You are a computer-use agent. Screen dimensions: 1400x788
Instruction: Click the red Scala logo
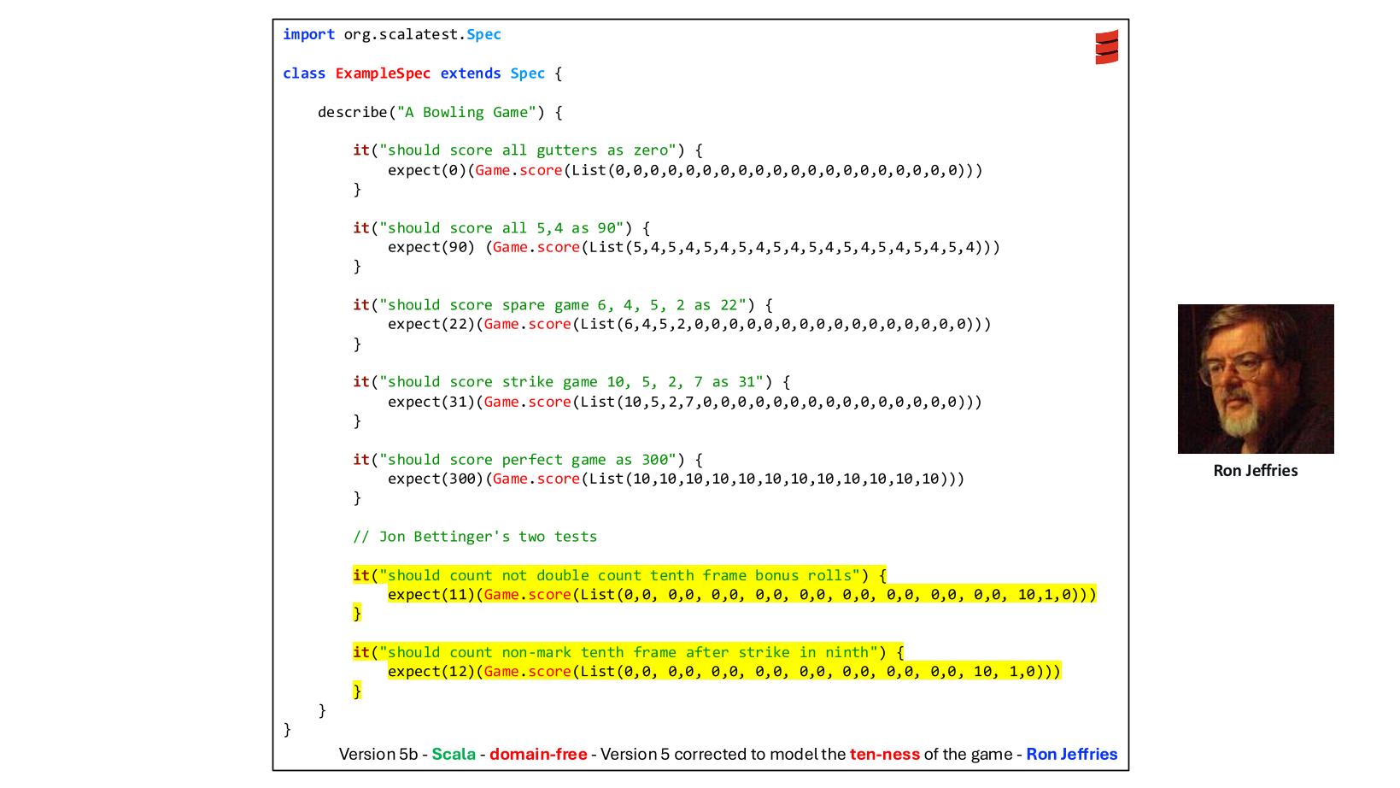pos(1106,47)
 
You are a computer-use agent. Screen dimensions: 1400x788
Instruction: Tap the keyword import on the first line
pos(308,35)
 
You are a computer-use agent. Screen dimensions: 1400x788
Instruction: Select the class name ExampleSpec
pos(383,74)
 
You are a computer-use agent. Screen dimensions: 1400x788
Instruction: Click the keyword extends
pos(471,74)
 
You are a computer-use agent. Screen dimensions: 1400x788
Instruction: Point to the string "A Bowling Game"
pos(467,113)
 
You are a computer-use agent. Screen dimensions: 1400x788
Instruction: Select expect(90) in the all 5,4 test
pos(431,248)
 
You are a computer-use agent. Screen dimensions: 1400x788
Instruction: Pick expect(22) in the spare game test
pos(431,325)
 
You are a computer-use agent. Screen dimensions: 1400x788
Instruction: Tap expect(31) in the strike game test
pos(431,403)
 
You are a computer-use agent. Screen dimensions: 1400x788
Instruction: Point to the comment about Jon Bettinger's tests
pos(475,537)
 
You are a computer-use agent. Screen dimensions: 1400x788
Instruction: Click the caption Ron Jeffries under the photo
pos(1255,471)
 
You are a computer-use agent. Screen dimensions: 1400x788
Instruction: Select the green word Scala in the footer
pos(453,755)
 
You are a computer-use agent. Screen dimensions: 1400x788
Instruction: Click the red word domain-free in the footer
pos(538,755)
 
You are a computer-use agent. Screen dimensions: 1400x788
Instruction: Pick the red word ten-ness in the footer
pos(884,755)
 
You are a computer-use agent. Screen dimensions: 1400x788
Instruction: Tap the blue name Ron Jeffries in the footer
pos(1071,755)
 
